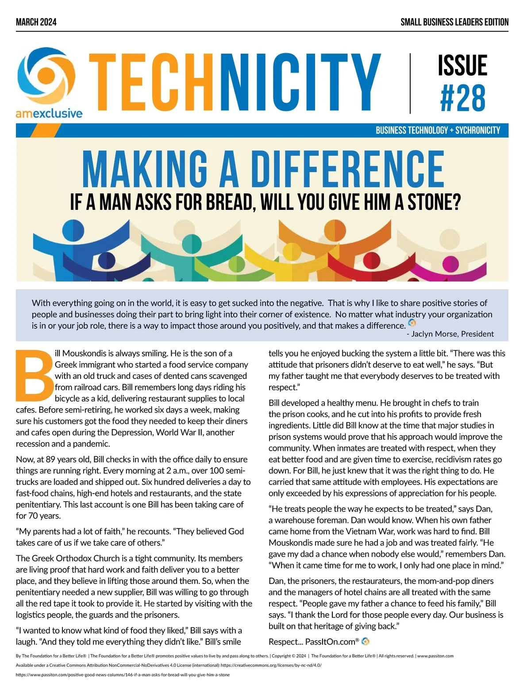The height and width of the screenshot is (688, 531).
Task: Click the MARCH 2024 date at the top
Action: click(36, 22)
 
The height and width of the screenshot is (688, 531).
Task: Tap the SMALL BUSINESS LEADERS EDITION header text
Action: click(454, 22)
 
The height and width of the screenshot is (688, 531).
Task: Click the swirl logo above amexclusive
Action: click(46, 76)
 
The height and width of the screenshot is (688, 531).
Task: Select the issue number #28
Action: click(462, 98)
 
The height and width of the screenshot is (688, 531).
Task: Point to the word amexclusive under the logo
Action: click(49, 114)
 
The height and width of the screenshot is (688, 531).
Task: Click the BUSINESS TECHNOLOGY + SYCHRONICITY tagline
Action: click(438, 130)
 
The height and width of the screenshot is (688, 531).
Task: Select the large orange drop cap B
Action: click(34, 375)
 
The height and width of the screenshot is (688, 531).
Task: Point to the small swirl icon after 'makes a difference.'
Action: click(412, 323)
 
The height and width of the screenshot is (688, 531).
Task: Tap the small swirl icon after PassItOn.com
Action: click(366, 641)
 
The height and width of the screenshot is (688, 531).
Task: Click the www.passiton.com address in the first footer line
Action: click(435, 656)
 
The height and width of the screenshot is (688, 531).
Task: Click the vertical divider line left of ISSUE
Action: click(410, 83)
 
